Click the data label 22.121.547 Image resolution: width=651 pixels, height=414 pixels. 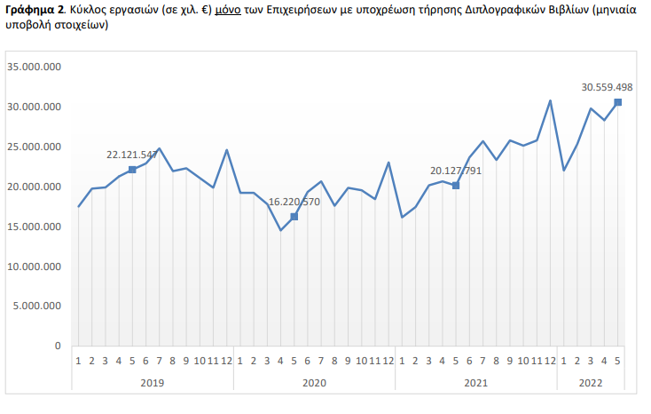click(x=131, y=155)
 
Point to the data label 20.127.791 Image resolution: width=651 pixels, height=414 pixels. click(x=456, y=171)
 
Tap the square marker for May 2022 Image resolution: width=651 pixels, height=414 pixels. click(x=617, y=102)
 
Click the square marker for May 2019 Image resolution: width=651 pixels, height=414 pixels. click(x=132, y=169)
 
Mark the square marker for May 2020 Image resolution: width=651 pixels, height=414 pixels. click(x=294, y=217)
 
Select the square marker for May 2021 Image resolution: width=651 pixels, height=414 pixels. click(x=456, y=185)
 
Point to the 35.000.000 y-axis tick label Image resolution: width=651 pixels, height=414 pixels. click(x=33, y=68)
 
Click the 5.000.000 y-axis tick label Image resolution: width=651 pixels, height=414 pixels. click(x=36, y=306)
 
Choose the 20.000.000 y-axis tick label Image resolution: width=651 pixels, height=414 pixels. click(x=33, y=187)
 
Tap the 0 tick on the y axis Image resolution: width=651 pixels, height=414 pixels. click(x=58, y=346)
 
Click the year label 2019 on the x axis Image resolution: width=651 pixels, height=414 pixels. click(x=152, y=382)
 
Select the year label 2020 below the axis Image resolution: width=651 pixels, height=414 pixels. click(x=313, y=382)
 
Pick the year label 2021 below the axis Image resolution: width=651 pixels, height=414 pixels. click(x=475, y=382)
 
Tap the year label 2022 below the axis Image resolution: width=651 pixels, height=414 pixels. click(x=590, y=382)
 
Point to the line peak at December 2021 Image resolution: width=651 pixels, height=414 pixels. click(x=550, y=100)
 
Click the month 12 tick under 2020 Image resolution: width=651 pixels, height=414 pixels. click(x=388, y=361)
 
